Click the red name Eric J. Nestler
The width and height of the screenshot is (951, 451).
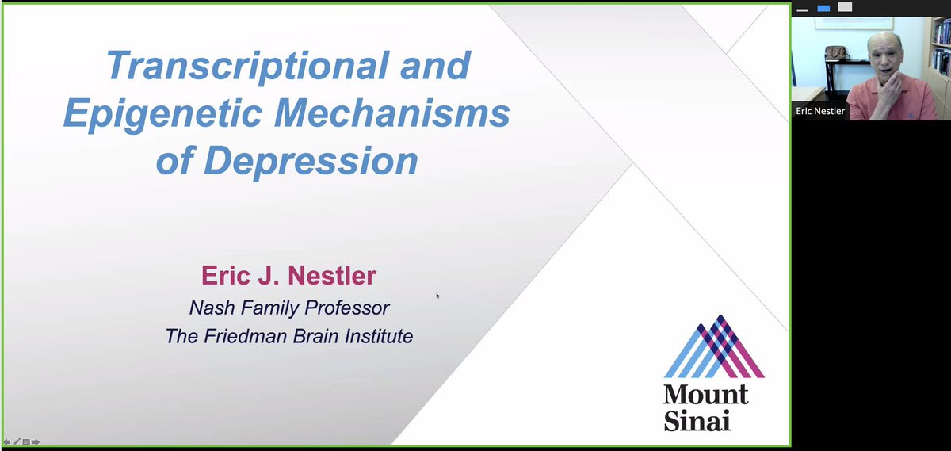click(289, 277)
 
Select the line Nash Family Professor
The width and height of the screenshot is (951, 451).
click(289, 307)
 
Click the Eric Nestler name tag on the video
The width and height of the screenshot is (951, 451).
click(820, 112)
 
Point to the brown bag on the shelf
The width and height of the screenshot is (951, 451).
click(835, 52)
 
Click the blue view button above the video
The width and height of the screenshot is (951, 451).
click(823, 8)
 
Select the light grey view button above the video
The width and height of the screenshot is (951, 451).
click(845, 7)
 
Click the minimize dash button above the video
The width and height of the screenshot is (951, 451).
click(803, 10)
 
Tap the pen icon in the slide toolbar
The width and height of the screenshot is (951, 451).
click(17, 441)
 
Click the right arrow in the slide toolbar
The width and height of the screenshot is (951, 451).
click(36, 441)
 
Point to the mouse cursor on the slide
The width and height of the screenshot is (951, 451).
click(437, 296)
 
